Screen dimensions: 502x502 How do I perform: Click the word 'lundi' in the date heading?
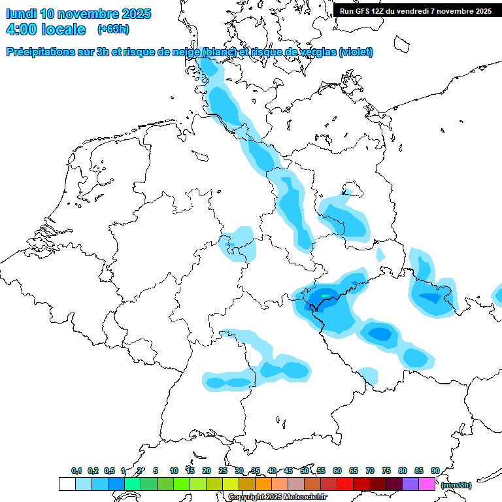(21, 14)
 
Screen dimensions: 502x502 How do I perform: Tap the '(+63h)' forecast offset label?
(113, 29)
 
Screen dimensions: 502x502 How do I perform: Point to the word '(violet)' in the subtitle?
(356, 52)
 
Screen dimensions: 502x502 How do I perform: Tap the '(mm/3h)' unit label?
(456, 485)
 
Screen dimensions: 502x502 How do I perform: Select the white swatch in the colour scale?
(67, 484)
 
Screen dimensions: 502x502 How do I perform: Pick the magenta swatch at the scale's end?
(427, 484)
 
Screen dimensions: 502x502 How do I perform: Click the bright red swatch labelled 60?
(345, 484)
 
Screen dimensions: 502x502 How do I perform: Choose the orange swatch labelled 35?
(263, 484)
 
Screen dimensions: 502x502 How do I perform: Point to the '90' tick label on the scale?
(435, 471)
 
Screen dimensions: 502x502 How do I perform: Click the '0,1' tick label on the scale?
(76, 471)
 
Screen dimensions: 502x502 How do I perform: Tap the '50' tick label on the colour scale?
(305, 471)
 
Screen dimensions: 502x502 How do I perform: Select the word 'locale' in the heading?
(64, 29)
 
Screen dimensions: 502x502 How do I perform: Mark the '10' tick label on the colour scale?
(174, 471)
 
